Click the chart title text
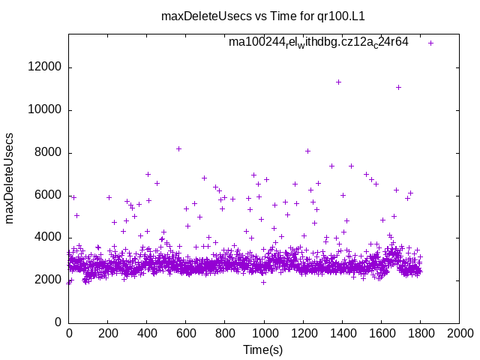click(x=262, y=16)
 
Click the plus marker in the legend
click(x=430, y=43)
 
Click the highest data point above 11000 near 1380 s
click(x=338, y=82)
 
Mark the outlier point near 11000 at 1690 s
click(x=398, y=87)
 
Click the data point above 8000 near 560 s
click(x=178, y=148)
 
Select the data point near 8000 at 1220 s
click(x=307, y=151)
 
